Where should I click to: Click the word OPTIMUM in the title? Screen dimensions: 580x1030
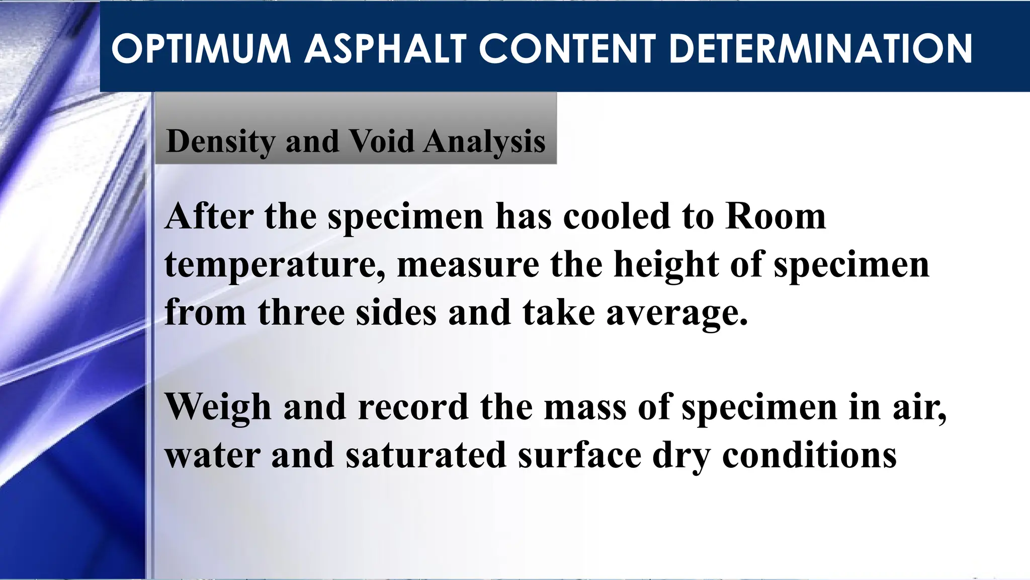click(201, 49)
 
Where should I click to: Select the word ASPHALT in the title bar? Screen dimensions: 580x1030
click(385, 49)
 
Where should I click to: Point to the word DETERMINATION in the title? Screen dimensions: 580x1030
click(821, 49)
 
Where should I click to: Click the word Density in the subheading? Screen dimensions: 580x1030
click(221, 141)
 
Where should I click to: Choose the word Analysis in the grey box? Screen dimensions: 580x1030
click(484, 141)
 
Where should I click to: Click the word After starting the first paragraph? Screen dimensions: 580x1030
click(209, 216)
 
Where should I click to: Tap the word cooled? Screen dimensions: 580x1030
click(617, 216)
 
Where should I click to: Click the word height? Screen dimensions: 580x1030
click(666, 265)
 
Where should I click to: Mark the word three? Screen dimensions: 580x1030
click(301, 312)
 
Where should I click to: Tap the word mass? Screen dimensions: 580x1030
click(585, 407)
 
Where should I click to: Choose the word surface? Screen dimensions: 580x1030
click(580, 455)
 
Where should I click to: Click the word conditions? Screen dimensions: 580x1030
click(809, 455)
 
